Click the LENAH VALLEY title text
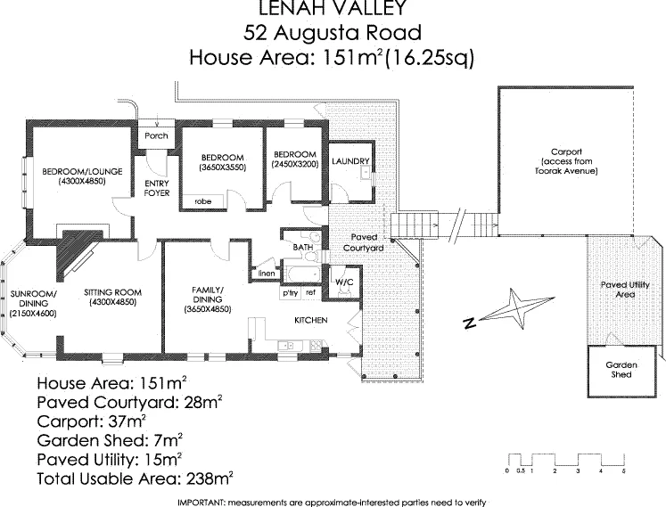333,9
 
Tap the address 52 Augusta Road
333,34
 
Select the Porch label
156,136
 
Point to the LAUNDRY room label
349,161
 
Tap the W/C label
343,283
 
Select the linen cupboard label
266,274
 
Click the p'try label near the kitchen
289,292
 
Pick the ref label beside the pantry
310,292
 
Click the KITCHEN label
311,320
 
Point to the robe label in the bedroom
202,202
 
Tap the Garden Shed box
619,370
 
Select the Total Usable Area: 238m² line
136,478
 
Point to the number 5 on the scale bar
624,470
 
